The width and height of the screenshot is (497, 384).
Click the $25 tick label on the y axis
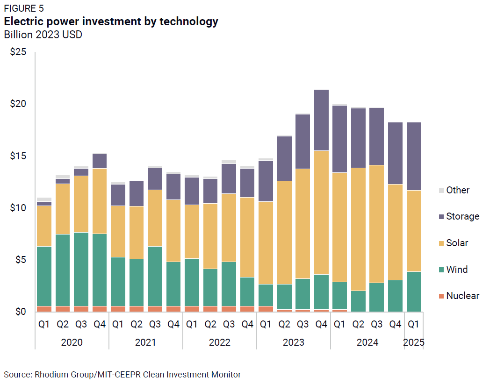(x=18, y=52)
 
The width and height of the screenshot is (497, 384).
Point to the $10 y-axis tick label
(x=18, y=207)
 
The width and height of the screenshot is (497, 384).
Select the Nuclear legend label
(x=462, y=296)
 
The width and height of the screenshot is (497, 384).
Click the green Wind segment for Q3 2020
(x=81, y=269)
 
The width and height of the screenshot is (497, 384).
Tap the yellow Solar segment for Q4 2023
(x=321, y=213)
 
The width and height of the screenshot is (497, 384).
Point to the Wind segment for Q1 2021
(x=118, y=281)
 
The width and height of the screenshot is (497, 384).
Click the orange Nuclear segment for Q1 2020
(x=44, y=309)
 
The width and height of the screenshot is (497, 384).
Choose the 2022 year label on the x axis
(x=220, y=342)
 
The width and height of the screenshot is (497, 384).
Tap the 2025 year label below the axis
(x=414, y=342)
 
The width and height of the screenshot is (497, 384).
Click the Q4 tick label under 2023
(x=321, y=324)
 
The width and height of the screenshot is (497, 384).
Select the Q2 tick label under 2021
(x=136, y=324)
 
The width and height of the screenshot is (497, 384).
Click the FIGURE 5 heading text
(x=24, y=9)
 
